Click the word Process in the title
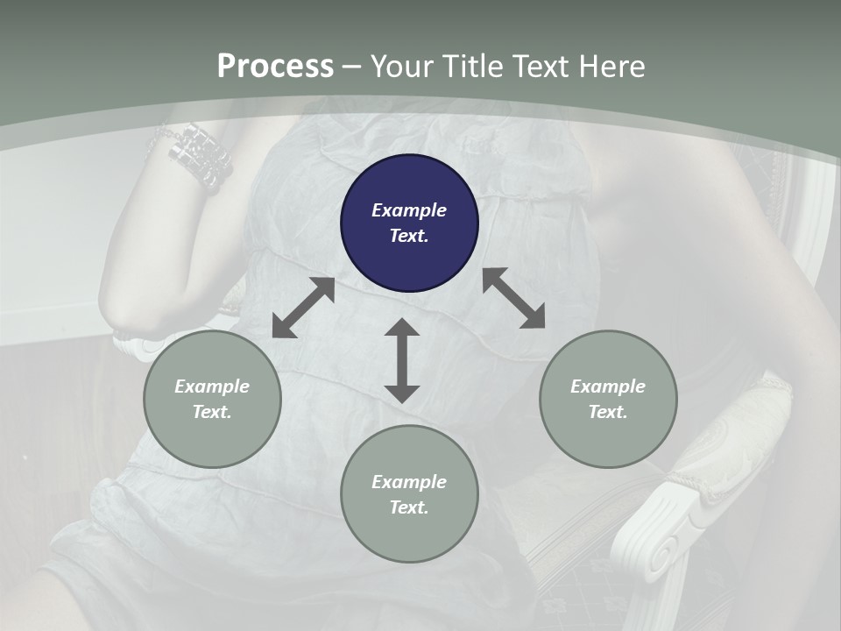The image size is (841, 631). [x=275, y=67]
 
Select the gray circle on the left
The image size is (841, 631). [x=212, y=399]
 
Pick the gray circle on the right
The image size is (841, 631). [x=608, y=399]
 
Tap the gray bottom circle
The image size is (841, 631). [x=409, y=494]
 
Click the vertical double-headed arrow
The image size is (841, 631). [x=402, y=360]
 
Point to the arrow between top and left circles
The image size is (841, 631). [x=304, y=308]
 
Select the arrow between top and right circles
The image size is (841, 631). [x=513, y=298]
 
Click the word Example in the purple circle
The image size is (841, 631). [x=409, y=210]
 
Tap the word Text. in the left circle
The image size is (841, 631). [x=212, y=412]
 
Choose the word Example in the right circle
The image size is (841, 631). [x=608, y=386]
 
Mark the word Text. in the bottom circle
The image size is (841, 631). [x=409, y=507]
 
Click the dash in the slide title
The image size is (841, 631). [x=352, y=67]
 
